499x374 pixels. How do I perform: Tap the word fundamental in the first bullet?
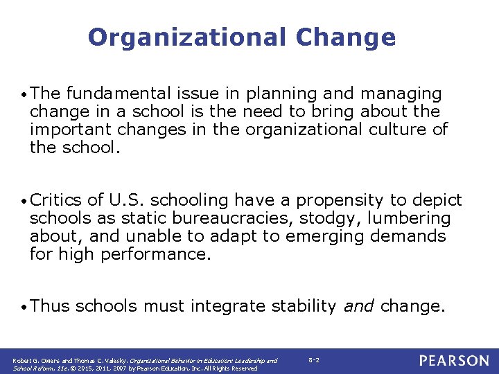112,93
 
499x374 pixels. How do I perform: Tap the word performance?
155,255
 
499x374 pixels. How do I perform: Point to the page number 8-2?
313,361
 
